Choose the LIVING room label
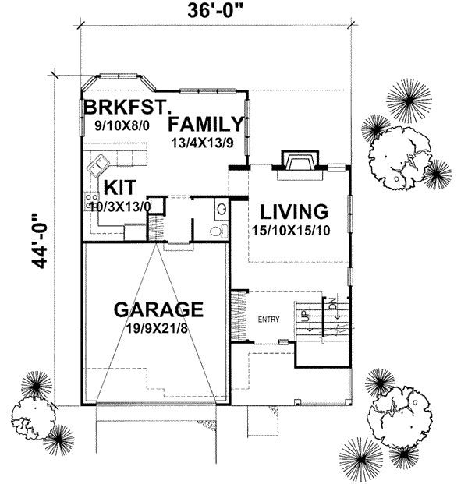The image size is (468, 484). click(293, 210)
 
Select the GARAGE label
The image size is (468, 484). click(159, 309)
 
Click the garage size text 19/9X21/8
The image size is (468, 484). click(159, 327)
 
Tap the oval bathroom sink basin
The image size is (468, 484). click(221, 209)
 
